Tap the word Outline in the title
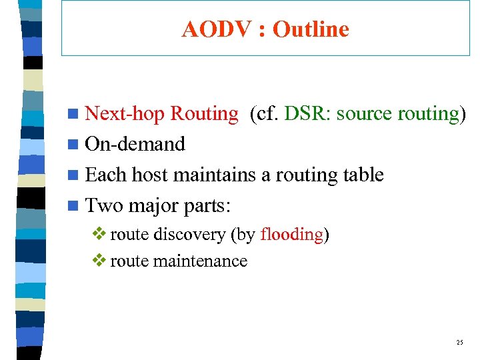(x=311, y=29)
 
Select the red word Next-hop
(x=125, y=114)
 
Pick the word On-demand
(x=135, y=145)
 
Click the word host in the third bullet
(x=151, y=175)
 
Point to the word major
(x=153, y=205)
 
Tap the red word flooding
(x=291, y=235)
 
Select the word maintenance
(x=200, y=261)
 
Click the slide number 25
(x=459, y=343)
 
